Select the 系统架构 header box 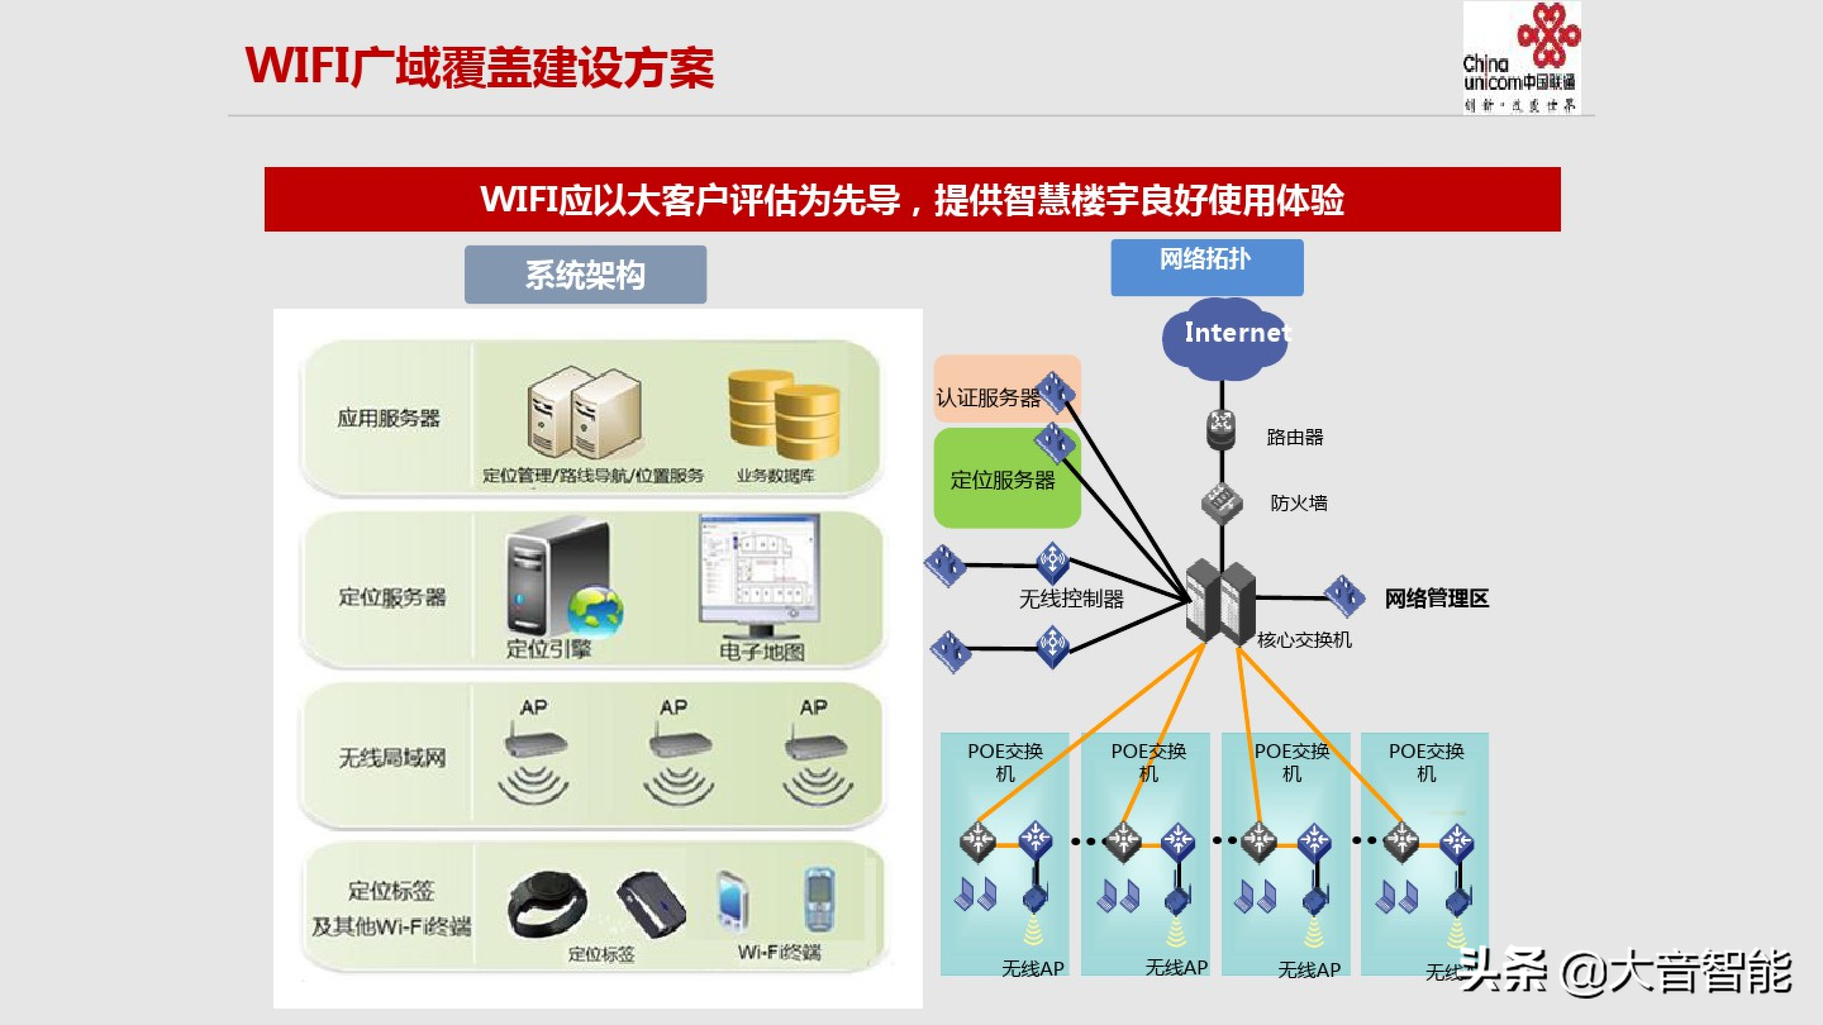coord(585,275)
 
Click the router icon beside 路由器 coord(1221,429)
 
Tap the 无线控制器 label coord(1071,599)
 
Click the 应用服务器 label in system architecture coord(389,418)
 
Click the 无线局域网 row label coord(392,758)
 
